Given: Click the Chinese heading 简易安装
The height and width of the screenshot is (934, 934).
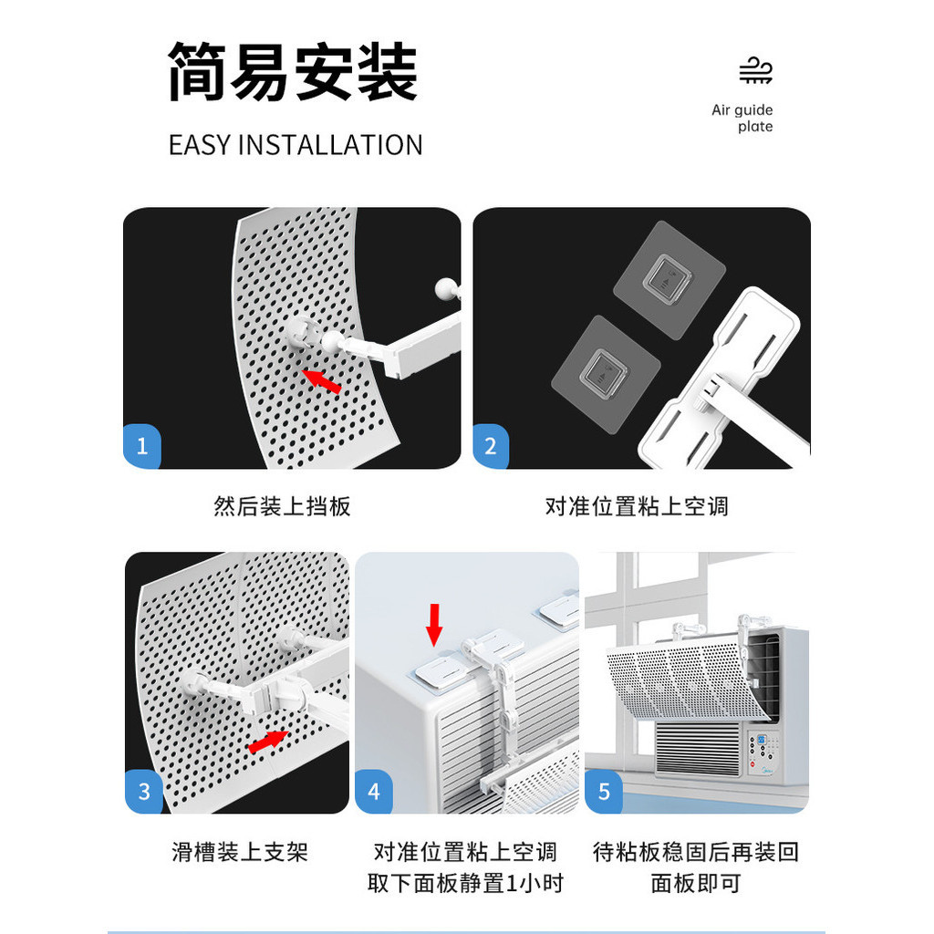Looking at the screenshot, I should click(292, 72).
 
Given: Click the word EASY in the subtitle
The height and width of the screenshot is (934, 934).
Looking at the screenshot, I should click(199, 145).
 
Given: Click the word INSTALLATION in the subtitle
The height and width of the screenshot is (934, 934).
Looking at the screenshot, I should click(329, 145).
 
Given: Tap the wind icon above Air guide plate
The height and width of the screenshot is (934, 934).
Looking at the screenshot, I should click(755, 71).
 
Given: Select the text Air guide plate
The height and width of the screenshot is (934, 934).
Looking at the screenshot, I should click(742, 119).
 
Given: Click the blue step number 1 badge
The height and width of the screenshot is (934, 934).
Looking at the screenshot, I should click(142, 447).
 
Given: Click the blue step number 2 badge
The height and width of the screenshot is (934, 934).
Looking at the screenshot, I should click(492, 447).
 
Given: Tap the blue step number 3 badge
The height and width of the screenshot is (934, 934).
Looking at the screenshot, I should click(144, 791).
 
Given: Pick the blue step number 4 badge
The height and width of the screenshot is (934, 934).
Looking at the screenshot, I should click(374, 791).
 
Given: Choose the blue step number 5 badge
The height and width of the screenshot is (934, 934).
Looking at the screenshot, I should click(604, 791).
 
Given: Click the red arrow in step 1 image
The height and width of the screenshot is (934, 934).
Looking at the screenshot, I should click(322, 380).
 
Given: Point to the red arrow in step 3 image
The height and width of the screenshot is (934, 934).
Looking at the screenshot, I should click(266, 740).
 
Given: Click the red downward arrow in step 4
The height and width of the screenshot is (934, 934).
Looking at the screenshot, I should click(435, 624).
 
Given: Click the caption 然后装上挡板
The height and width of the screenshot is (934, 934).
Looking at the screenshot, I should click(282, 507).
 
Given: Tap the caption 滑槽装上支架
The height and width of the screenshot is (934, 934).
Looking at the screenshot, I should click(240, 852).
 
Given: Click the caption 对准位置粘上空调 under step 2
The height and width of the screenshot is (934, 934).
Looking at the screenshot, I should click(637, 507).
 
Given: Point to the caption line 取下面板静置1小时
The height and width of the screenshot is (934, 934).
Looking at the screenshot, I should click(465, 883).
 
